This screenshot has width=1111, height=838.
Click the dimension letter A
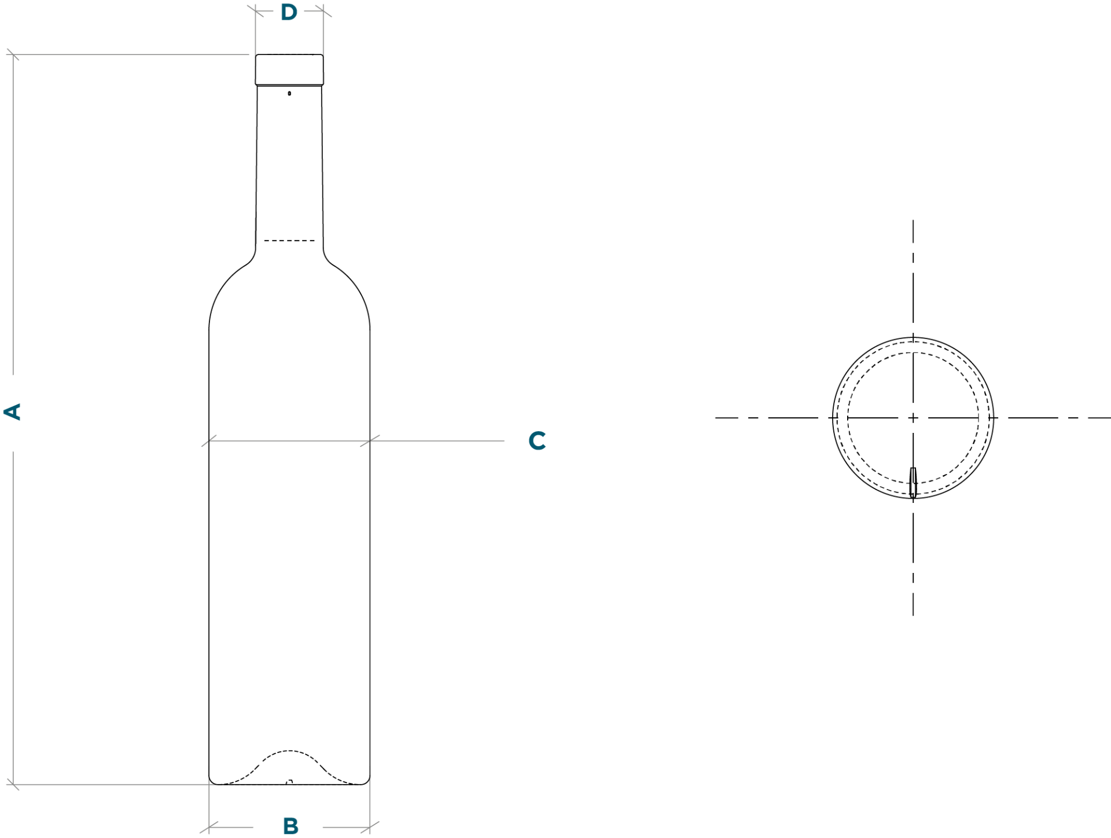pyautogui.click(x=12, y=412)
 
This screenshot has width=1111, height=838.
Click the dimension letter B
pyautogui.click(x=290, y=826)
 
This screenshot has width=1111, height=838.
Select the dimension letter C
pyautogui.click(x=537, y=440)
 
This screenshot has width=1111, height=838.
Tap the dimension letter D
pyautogui.click(x=289, y=12)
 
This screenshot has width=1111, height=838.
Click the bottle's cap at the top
pyautogui.click(x=289, y=69)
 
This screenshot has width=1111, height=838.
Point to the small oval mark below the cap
pyautogui.click(x=289, y=93)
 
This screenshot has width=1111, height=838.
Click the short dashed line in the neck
pyautogui.click(x=289, y=240)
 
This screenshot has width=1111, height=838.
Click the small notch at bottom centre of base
pyautogui.click(x=289, y=782)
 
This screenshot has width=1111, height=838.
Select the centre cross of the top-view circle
pyautogui.click(x=913, y=417)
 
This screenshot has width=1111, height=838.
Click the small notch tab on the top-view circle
pyautogui.click(x=913, y=482)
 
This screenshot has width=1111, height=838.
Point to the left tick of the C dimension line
pyautogui.click(x=209, y=441)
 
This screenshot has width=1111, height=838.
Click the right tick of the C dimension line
pyautogui.click(x=370, y=441)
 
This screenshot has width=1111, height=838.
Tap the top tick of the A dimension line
pyautogui.click(x=13, y=55)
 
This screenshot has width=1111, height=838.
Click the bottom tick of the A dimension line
pyautogui.click(x=13, y=785)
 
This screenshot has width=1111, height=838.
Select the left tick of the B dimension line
pyautogui.click(x=209, y=828)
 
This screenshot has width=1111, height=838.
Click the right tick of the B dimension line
pyautogui.click(x=370, y=828)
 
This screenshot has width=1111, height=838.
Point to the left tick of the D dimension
pyautogui.click(x=255, y=11)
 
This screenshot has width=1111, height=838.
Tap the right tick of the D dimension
pyautogui.click(x=323, y=11)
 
